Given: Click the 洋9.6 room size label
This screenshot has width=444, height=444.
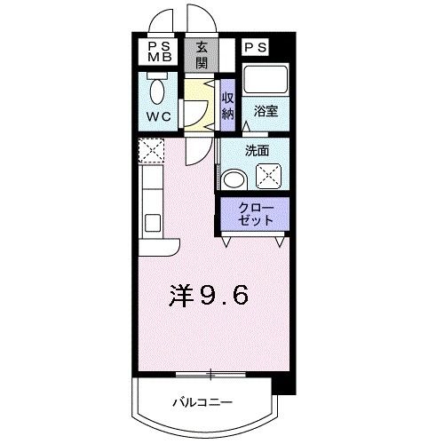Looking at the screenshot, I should click(206, 296).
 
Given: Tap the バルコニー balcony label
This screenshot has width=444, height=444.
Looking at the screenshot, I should click(202, 402).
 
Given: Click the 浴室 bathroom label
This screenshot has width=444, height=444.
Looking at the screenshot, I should click(264, 112).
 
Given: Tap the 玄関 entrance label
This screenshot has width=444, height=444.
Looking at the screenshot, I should click(202, 56).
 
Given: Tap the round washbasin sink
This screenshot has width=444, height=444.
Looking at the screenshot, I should click(234, 178).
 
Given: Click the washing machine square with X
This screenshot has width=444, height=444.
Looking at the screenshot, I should click(269, 177).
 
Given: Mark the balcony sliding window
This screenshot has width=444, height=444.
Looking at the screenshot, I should click(210, 371).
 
